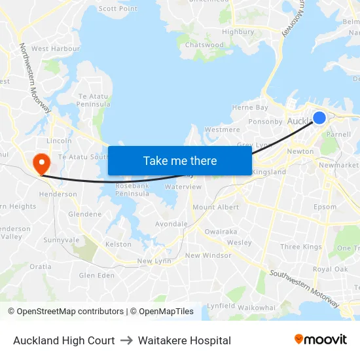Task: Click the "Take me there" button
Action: (x=179, y=160)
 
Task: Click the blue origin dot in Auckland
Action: (x=319, y=118)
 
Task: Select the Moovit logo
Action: (x=320, y=340)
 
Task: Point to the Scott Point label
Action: (x=118, y=9)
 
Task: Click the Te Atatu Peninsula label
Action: (x=94, y=100)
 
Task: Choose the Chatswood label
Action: (x=204, y=45)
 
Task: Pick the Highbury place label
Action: (x=238, y=31)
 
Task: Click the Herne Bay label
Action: (x=250, y=107)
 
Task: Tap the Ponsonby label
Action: (x=264, y=122)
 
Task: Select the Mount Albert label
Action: (x=215, y=207)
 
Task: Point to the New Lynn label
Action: (x=154, y=261)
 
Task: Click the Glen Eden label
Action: (x=96, y=276)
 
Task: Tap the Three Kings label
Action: (x=300, y=247)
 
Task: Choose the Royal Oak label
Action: (x=330, y=269)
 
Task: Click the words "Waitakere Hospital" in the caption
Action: (x=184, y=340)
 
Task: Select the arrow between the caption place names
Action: (x=126, y=340)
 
